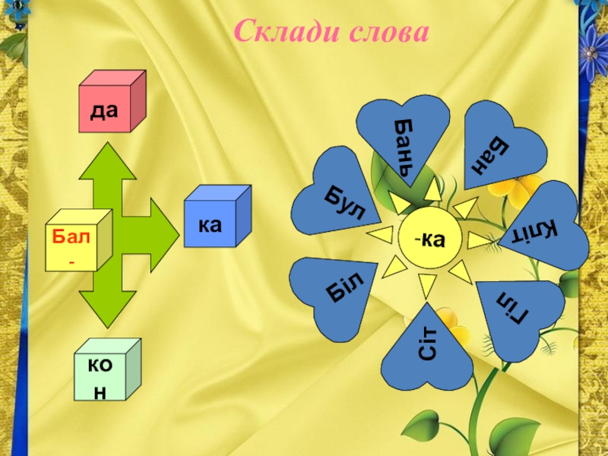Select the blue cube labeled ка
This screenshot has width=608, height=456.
coord(217,219)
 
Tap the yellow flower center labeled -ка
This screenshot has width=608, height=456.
coord(429,240)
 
